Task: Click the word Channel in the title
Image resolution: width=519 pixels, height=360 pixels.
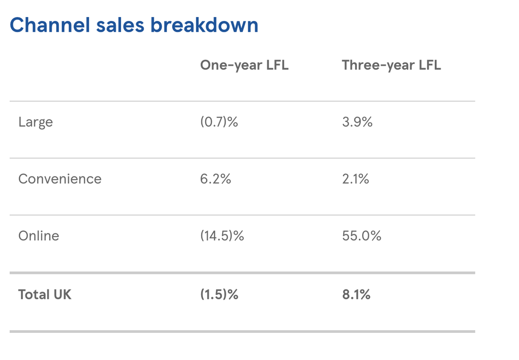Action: [50, 25]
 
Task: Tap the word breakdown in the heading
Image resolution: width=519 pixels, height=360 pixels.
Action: [204, 25]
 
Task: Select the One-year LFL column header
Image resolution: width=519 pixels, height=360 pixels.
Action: [244, 65]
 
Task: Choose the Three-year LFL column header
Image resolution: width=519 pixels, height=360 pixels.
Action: [391, 65]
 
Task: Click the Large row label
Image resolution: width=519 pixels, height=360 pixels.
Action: [35, 122]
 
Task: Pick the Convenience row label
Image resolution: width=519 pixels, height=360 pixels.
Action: [60, 179]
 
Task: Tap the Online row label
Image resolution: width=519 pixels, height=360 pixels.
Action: [39, 236]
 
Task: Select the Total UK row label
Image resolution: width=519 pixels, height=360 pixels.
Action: [45, 295]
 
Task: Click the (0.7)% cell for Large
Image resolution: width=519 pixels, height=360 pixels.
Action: [219, 122]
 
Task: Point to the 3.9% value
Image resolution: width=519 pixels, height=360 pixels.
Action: [357, 122]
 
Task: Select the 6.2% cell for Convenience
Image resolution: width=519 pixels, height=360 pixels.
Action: [215, 179]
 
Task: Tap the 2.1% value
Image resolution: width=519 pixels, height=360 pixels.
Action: [356, 179]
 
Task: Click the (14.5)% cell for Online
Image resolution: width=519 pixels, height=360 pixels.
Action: [222, 236]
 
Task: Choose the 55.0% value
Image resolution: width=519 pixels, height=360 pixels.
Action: [362, 236]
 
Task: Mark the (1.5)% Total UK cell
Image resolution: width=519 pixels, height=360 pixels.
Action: [219, 295]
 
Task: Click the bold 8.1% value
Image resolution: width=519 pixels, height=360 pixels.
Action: [356, 295]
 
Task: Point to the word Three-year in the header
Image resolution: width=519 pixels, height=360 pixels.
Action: [378, 65]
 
